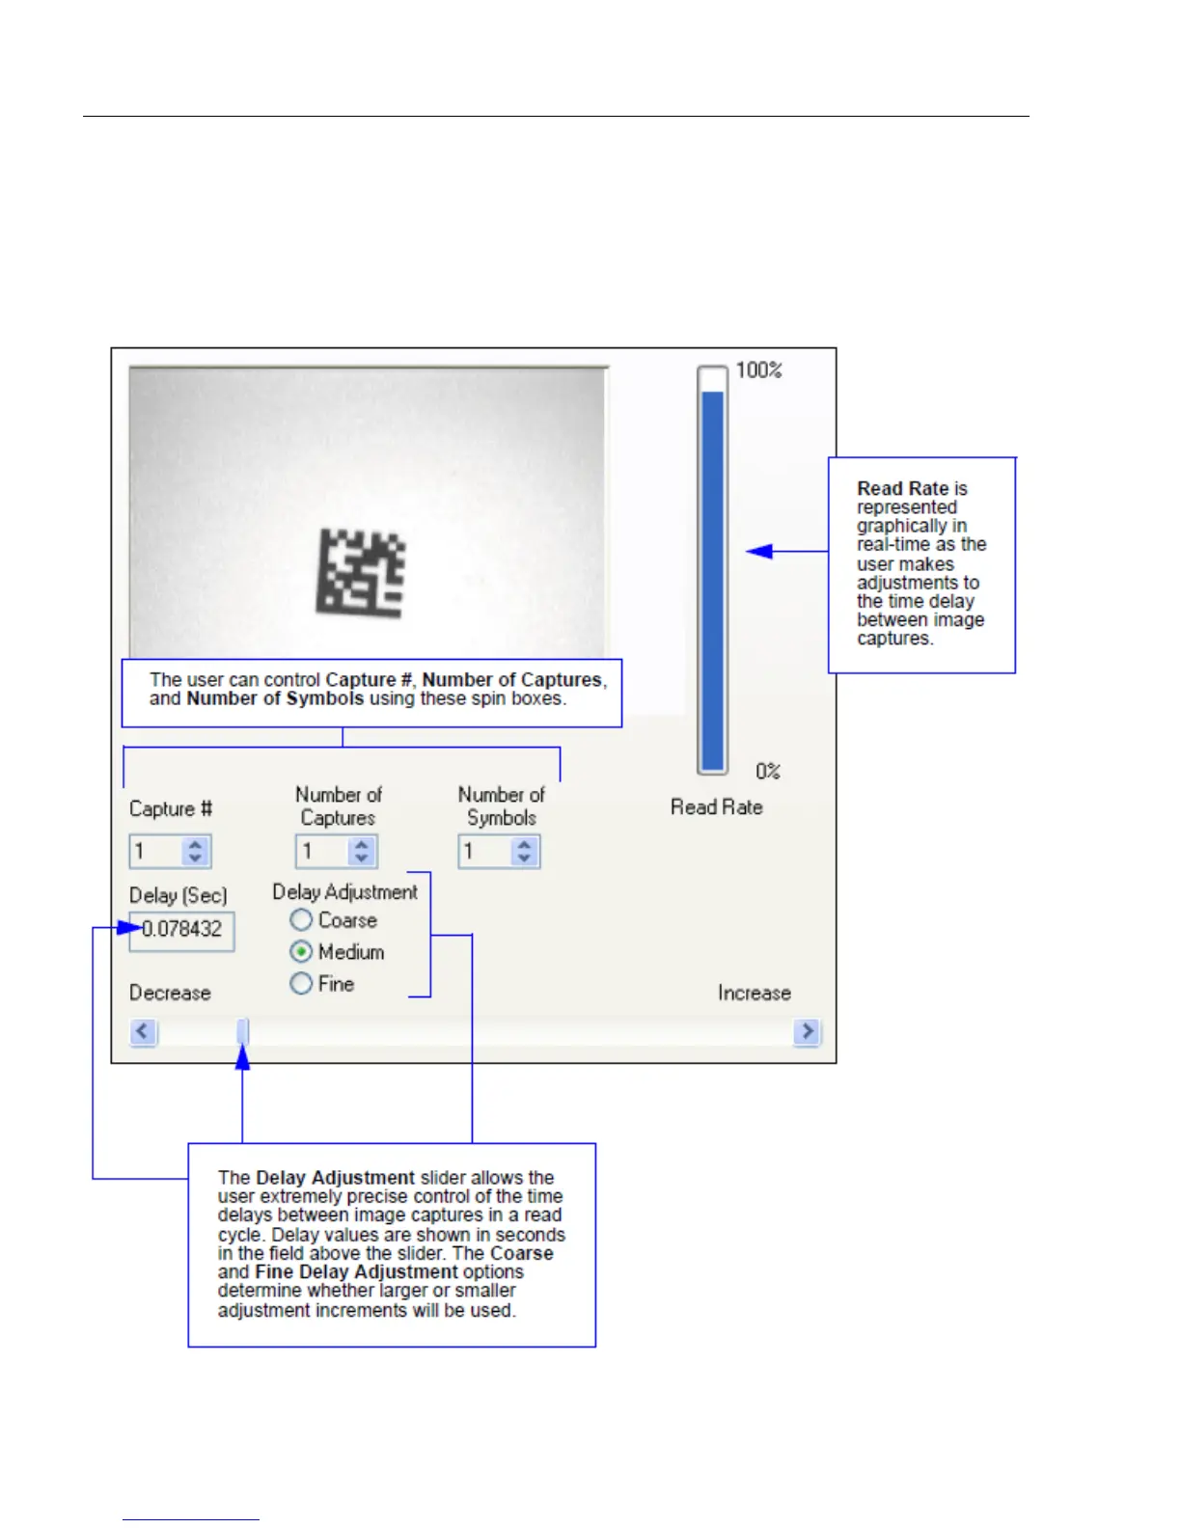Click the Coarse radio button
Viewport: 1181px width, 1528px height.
(301, 920)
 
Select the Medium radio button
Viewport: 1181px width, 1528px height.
(301, 952)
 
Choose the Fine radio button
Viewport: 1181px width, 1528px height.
(301, 984)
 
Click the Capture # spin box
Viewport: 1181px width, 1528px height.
(156, 852)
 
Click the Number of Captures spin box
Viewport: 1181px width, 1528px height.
(322, 852)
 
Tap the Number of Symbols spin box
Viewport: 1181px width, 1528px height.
(485, 852)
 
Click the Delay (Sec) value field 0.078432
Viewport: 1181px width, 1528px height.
(182, 930)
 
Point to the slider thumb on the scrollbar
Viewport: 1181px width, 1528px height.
(243, 1032)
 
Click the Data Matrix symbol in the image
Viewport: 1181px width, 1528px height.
(361, 573)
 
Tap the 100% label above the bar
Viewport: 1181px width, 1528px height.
(758, 370)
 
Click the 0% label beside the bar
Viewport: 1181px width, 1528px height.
(768, 772)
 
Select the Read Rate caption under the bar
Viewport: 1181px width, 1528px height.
(717, 807)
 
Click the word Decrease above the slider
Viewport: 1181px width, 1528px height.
(170, 994)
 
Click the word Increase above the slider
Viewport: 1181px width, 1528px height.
(754, 994)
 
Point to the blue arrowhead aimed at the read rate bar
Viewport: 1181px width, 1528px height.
(760, 552)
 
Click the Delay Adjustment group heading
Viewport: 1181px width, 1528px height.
(344, 892)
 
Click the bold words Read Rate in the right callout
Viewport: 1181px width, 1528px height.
(902, 489)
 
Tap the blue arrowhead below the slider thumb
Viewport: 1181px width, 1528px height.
(243, 1058)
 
